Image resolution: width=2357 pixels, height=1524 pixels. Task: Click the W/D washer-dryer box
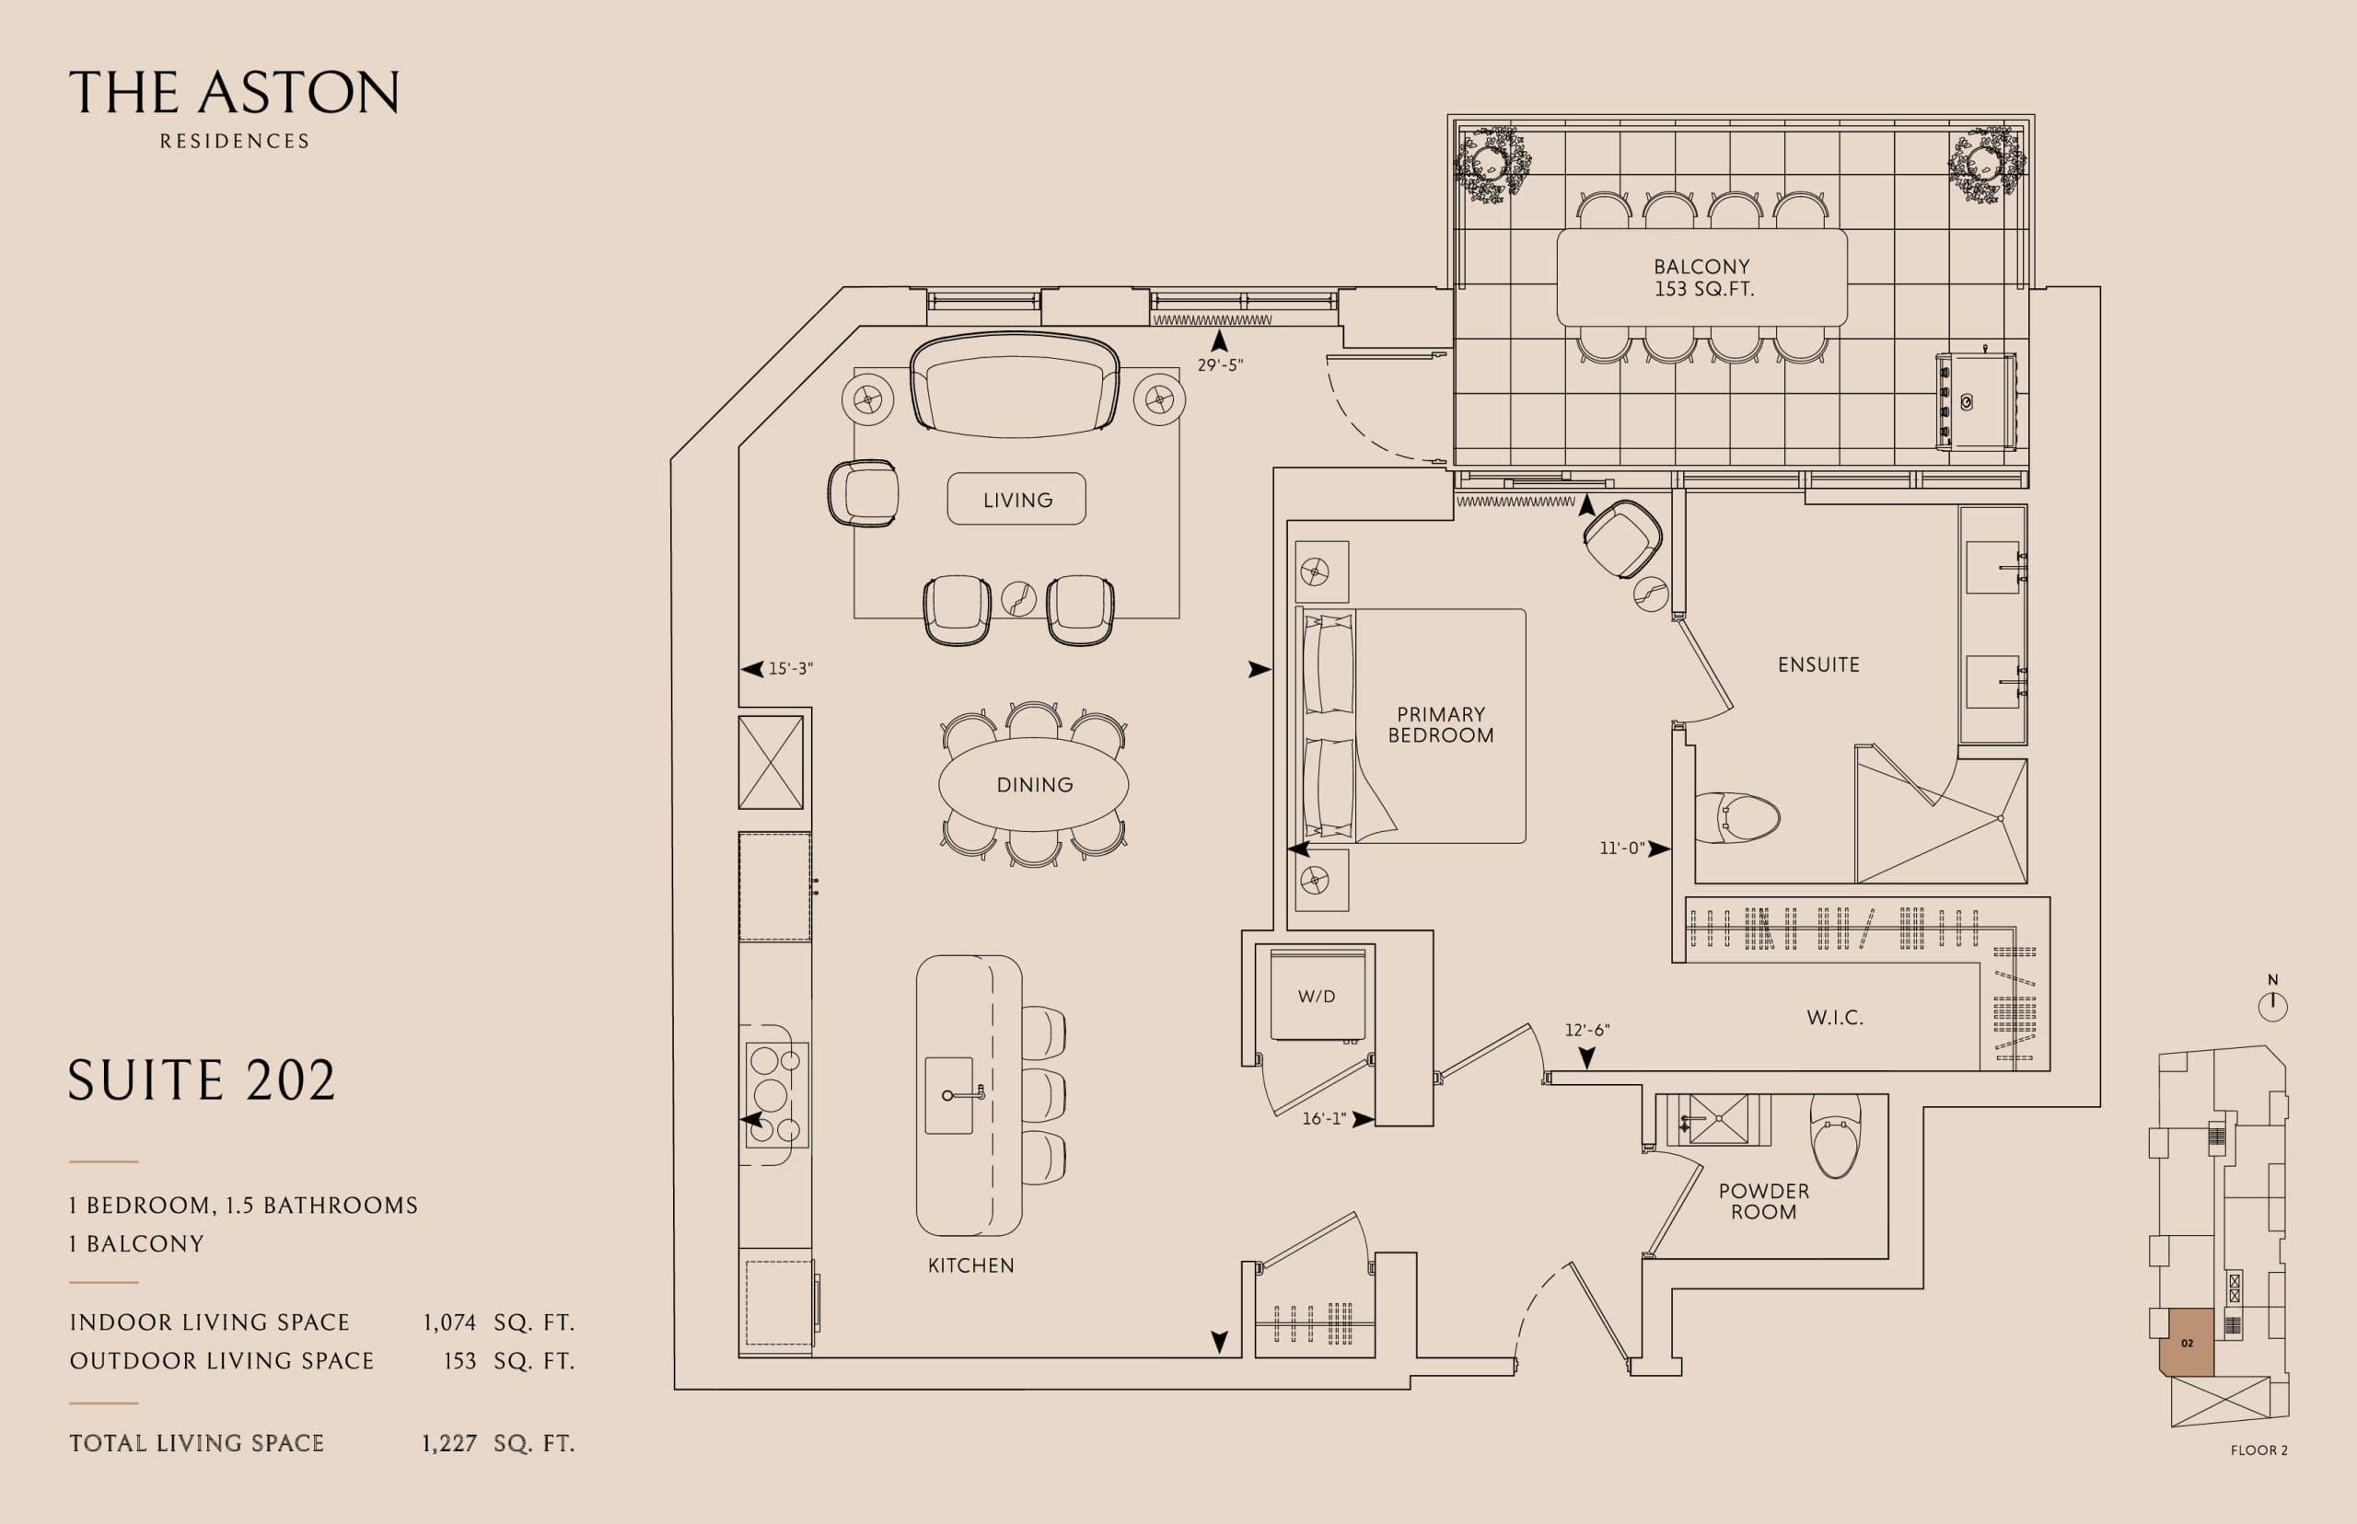point(1317,996)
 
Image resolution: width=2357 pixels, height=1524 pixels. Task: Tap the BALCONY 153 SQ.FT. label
point(1701,278)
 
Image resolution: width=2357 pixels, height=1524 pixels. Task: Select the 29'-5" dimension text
point(1220,365)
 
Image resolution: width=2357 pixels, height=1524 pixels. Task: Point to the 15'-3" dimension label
point(790,669)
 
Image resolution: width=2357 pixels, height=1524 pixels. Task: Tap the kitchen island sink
point(949,1094)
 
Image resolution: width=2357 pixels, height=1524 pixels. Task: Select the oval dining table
point(1033,785)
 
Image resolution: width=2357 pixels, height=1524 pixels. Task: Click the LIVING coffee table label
point(1016,500)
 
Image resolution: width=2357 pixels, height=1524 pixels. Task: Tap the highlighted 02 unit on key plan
point(2186,1343)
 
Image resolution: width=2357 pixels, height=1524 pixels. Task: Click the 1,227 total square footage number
point(449,1444)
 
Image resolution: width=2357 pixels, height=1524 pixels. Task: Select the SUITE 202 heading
point(202,1080)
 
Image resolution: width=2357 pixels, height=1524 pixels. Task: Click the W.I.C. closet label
point(1834,1017)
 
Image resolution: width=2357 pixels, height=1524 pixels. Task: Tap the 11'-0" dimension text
point(1621,849)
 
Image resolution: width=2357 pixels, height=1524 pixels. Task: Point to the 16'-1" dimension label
point(1324,1119)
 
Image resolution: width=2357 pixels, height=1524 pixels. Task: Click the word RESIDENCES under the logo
point(235,142)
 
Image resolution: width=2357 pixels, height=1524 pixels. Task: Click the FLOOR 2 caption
point(2259,1449)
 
